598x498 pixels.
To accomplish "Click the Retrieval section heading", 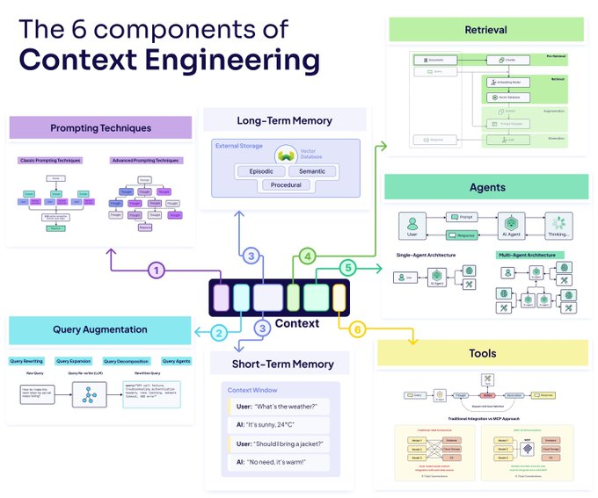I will (486, 29).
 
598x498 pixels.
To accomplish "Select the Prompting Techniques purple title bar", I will (100, 128).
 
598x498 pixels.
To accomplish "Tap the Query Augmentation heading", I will (99, 329).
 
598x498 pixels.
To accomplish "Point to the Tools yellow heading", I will (482, 353).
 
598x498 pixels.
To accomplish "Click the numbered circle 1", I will (156, 271).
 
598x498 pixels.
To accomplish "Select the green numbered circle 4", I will (307, 256).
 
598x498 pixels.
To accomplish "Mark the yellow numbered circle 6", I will (356, 329).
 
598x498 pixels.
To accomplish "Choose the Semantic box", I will (311, 171).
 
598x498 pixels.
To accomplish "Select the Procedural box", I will (285, 185).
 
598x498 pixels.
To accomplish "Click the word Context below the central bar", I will (297, 324).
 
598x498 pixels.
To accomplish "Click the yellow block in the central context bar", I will (339, 297).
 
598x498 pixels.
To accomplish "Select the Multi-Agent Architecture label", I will (529, 255).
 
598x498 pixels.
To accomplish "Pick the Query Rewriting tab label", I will (26, 361).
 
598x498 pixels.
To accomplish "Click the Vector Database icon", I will (284, 154).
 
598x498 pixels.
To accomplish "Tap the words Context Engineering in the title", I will (169, 61).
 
